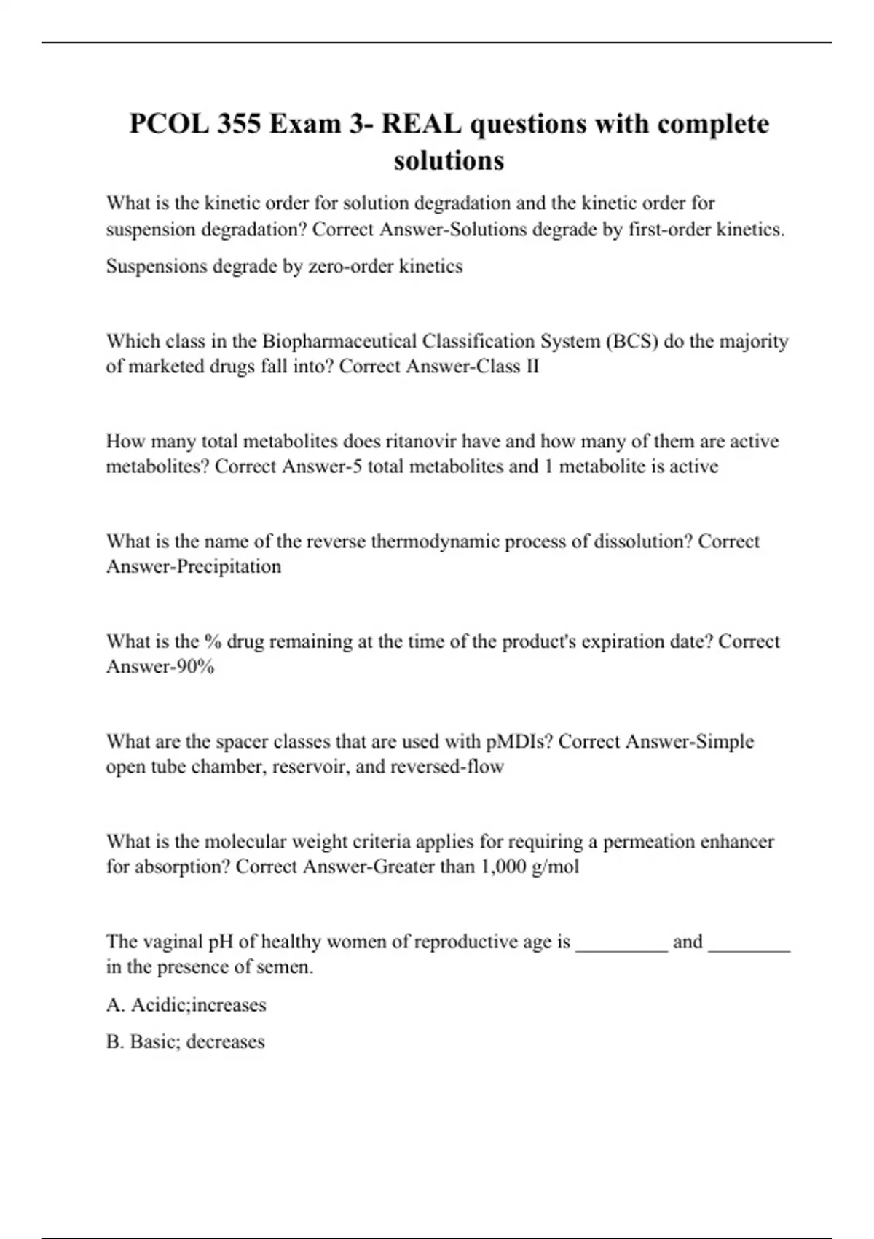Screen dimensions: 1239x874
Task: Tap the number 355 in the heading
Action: (x=238, y=124)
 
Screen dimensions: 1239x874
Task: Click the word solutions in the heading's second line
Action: (x=449, y=160)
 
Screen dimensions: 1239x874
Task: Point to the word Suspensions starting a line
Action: (x=156, y=266)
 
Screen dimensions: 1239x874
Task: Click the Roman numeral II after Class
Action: (x=532, y=366)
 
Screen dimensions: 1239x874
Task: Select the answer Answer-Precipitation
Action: (x=194, y=566)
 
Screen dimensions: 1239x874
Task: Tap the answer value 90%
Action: (x=196, y=666)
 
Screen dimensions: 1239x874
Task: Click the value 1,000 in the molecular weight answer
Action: (x=503, y=867)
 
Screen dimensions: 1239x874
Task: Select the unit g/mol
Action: (x=556, y=867)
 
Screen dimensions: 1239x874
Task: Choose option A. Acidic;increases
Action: (x=186, y=1005)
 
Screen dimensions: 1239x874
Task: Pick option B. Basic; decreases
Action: (x=185, y=1041)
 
